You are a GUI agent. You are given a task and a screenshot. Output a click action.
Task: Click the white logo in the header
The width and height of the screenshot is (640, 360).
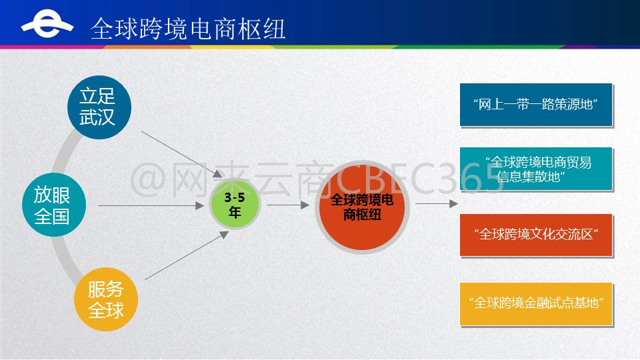(47, 24)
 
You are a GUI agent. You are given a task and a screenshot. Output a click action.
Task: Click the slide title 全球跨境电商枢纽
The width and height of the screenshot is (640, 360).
(188, 29)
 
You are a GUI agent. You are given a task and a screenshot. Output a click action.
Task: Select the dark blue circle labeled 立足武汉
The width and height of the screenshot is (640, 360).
(99, 107)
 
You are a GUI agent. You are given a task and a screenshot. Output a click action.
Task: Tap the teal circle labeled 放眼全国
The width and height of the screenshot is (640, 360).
(54, 205)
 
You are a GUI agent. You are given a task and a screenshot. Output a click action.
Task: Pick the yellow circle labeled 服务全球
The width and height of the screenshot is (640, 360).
(106, 299)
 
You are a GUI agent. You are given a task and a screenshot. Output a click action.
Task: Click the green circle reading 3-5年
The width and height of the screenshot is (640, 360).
(235, 205)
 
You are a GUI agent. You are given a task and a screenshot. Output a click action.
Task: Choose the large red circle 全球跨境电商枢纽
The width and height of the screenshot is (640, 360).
(362, 207)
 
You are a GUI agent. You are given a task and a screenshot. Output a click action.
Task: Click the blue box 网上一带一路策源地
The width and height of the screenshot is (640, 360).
(536, 105)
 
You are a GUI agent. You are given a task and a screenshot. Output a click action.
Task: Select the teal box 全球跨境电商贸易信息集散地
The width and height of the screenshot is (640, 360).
(536, 169)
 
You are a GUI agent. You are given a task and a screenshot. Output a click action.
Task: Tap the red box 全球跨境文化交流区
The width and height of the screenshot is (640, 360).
(536, 235)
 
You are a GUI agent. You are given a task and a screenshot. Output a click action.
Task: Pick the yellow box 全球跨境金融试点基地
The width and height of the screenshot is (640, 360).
(536, 304)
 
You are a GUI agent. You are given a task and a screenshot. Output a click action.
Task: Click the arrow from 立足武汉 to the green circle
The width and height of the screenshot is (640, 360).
(181, 154)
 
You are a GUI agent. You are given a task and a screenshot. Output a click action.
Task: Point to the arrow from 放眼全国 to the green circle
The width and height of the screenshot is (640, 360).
(151, 206)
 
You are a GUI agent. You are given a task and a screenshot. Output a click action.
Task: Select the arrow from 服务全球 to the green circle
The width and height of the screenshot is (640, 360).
(187, 255)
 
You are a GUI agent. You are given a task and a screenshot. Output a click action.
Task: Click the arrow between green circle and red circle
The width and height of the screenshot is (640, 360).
(288, 205)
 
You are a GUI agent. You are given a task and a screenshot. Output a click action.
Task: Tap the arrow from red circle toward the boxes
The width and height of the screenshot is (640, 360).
(437, 203)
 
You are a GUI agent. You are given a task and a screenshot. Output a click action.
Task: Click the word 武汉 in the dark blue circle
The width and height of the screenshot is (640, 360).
(97, 117)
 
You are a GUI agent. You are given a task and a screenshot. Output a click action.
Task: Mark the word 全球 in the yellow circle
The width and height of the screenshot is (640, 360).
(106, 310)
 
